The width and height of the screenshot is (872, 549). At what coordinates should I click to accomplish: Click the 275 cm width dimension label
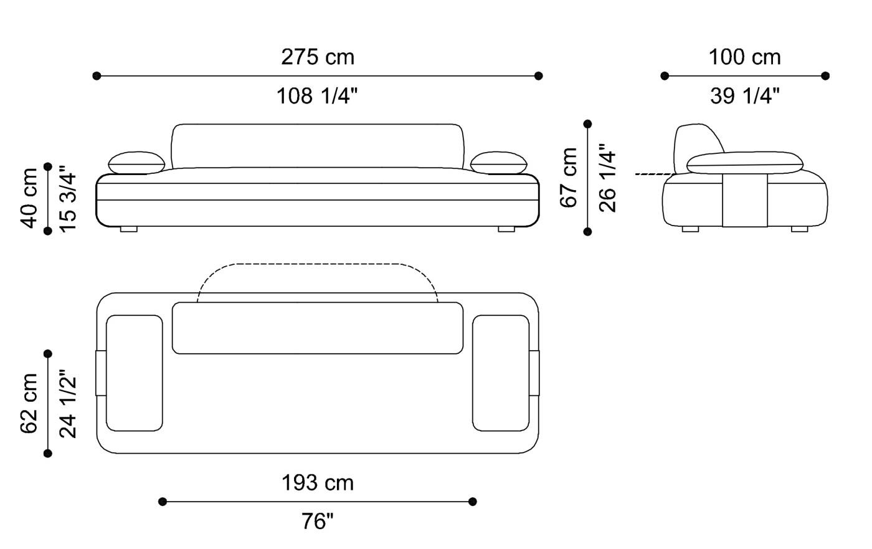(x=318, y=57)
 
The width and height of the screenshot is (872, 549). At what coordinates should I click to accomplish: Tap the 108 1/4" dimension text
(x=317, y=96)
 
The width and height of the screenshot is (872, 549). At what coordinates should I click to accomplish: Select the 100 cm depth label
(x=745, y=57)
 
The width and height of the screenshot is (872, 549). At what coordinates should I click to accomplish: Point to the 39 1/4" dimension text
(x=745, y=96)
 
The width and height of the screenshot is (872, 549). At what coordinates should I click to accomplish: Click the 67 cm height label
(x=569, y=178)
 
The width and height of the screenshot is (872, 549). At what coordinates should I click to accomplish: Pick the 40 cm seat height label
(x=29, y=198)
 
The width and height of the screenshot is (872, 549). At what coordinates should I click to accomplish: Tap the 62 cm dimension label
(x=29, y=403)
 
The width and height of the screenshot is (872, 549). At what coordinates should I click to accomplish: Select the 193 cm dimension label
(x=318, y=483)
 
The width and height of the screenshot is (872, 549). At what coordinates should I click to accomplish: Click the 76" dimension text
(x=318, y=521)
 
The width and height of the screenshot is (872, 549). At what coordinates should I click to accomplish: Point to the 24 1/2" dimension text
(x=68, y=404)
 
